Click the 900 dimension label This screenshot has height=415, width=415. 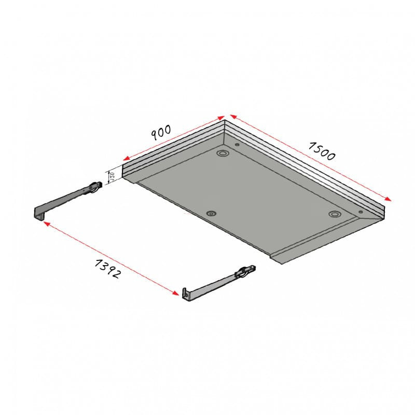[x=161, y=133]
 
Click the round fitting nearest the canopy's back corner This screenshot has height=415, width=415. [x=223, y=154]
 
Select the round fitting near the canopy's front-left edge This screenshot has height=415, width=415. [x=211, y=214]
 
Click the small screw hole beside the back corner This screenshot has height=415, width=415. [x=237, y=145]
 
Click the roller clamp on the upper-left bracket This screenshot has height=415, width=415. [x=94, y=187]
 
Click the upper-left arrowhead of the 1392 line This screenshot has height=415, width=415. [x=46, y=224]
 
